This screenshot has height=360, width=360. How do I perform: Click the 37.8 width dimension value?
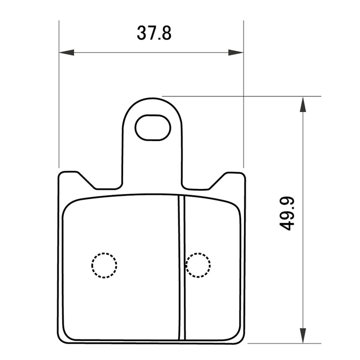pos(154,33)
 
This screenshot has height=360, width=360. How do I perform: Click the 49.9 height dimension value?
pos(287,213)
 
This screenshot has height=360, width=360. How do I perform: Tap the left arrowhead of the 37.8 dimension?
pos(67,52)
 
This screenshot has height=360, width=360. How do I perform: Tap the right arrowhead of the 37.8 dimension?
pos(236,52)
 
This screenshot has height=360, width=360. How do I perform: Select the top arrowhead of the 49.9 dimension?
pos(303,105)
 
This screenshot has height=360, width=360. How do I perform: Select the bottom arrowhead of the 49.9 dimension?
pos(303,336)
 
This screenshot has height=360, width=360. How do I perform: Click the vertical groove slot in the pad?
pos(182,268)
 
